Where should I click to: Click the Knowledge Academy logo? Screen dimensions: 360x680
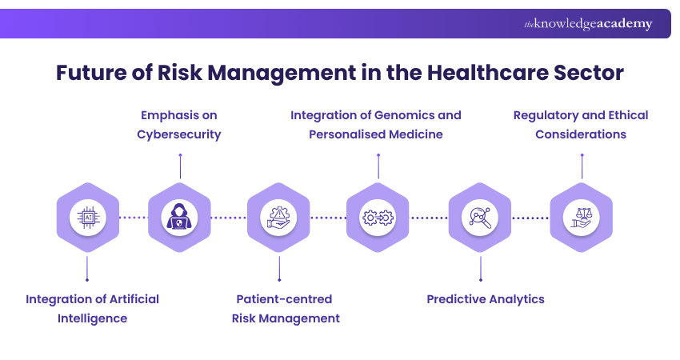tap(588, 24)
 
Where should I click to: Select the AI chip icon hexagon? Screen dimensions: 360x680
tap(87, 217)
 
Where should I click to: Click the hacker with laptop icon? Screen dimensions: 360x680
tap(179, 217)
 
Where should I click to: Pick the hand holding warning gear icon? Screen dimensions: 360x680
tap(278, 217)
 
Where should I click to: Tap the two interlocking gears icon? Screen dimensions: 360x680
tap(378, 217)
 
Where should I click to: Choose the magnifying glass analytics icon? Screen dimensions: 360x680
tap(480, 217)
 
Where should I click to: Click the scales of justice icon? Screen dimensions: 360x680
tap(581, 217)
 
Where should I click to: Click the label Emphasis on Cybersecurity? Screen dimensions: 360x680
tap(179, 125)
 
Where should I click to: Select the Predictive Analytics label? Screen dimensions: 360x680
tap(485, 299)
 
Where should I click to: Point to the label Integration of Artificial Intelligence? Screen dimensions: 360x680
tap(92, 308)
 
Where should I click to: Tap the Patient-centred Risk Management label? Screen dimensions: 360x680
tap(286, 308)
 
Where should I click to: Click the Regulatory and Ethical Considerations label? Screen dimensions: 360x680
tap(581, 125)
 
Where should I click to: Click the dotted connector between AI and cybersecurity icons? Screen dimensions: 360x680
tap(133, 217)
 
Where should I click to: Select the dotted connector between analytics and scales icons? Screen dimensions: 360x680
tap(530, 217)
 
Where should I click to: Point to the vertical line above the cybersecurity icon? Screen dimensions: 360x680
tap(180, 166)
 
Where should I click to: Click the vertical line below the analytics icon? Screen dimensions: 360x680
tap(480, 267)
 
